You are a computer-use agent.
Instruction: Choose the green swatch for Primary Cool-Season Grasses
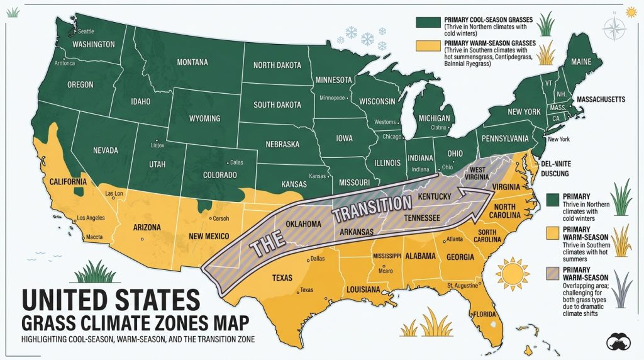coord(425,22)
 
